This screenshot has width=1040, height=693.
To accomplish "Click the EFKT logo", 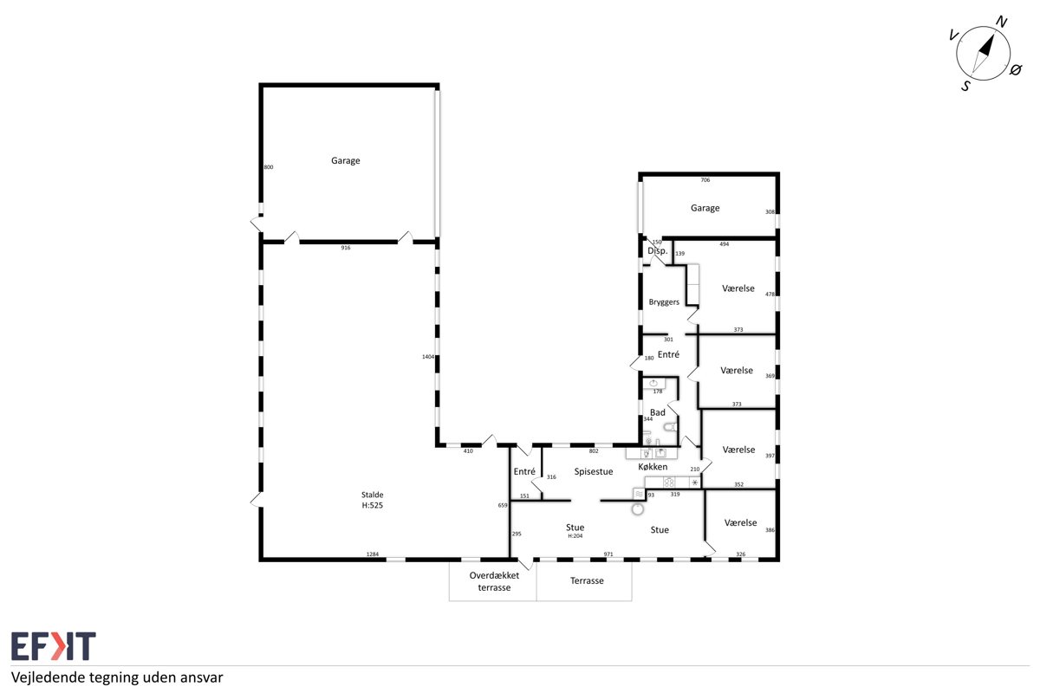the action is (x=54, y=645).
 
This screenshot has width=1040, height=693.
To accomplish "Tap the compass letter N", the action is (x=1002, y=22).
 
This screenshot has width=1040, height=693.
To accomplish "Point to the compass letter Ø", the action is (x=1016, y=70).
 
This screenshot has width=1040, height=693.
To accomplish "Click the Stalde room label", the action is (x=373, y=495).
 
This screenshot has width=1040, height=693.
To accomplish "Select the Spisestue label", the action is (x=594, y=471).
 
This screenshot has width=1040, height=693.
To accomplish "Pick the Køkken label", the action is (x=653, y=467).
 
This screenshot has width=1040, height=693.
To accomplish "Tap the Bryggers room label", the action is (x=664, y=302).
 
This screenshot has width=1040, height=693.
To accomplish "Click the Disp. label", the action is (x=658, y=250).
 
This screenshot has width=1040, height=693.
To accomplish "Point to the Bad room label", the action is (x=658, y=412).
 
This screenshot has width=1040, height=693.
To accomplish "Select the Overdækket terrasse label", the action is (x=494, y=581).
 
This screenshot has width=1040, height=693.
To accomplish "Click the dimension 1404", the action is (x=428, y=357).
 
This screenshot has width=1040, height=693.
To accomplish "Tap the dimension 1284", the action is (x=373, y=554).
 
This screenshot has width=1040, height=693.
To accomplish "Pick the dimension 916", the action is (x=346, y=248).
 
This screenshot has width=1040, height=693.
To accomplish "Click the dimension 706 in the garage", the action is (x=705, y=180).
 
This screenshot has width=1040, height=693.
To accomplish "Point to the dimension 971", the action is (x=608, y=554).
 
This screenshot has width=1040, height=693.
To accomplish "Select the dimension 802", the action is (x=594, y=451).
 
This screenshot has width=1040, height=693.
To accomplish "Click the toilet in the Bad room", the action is (x=671, y=427).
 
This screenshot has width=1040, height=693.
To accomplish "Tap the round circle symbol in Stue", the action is (x=638, y=509).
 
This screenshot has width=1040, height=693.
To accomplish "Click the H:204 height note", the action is (x=575, y=536).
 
